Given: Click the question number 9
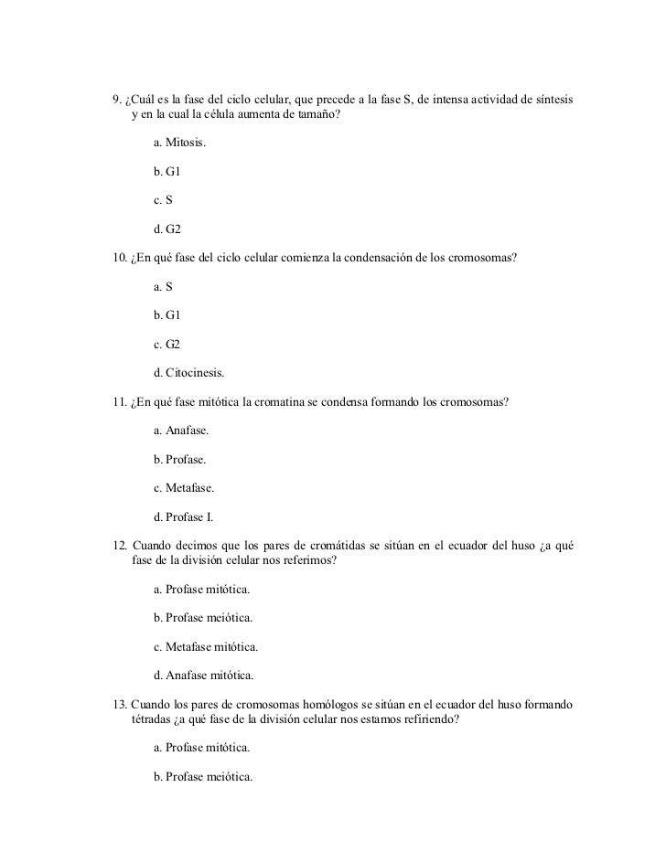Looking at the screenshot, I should coord(115,99).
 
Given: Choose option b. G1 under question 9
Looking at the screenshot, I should coord(167,171).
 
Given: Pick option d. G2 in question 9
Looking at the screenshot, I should coord(167,228).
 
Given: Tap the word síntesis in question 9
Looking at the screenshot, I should coord(554,99).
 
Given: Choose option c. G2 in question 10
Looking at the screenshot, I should coord(167,343).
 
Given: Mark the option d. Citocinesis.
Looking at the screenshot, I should coord(188,372).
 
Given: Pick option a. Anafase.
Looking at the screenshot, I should coord(181,430).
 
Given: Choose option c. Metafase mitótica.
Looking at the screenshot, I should coord(206,646).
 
